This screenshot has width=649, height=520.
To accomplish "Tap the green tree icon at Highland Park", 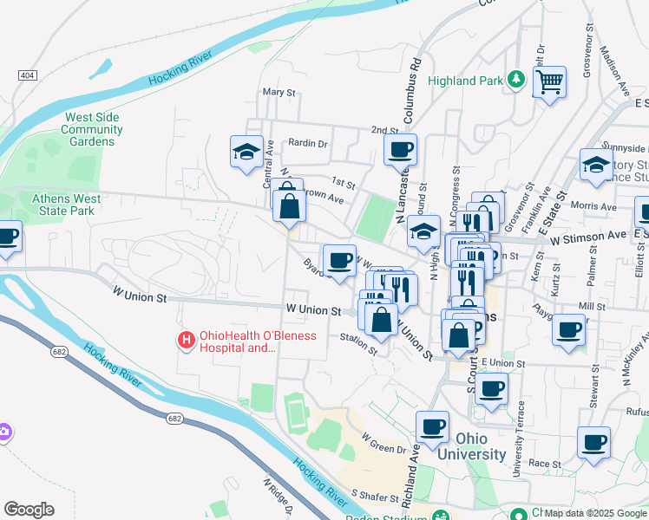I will tap(517, 80).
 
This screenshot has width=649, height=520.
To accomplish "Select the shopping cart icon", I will tap(549, 82).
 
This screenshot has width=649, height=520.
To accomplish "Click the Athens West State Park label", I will tap(67, 205).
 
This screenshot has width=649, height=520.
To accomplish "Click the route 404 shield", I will tap(25, 76).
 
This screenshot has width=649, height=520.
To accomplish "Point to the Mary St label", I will tap(279, 92).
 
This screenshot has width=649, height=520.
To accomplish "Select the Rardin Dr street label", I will tap(308, 144).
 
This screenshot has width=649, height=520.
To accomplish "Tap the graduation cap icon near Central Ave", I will tap(246, 152).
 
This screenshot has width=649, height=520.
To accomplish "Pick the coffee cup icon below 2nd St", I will tap(400, 149).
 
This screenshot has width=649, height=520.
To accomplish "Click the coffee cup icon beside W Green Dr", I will tap(432, 426).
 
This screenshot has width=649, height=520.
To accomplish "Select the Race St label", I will tap(546, 464).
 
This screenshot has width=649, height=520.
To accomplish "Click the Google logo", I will tap(29, 509).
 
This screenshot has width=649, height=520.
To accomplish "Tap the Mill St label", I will tap(592, 307).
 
